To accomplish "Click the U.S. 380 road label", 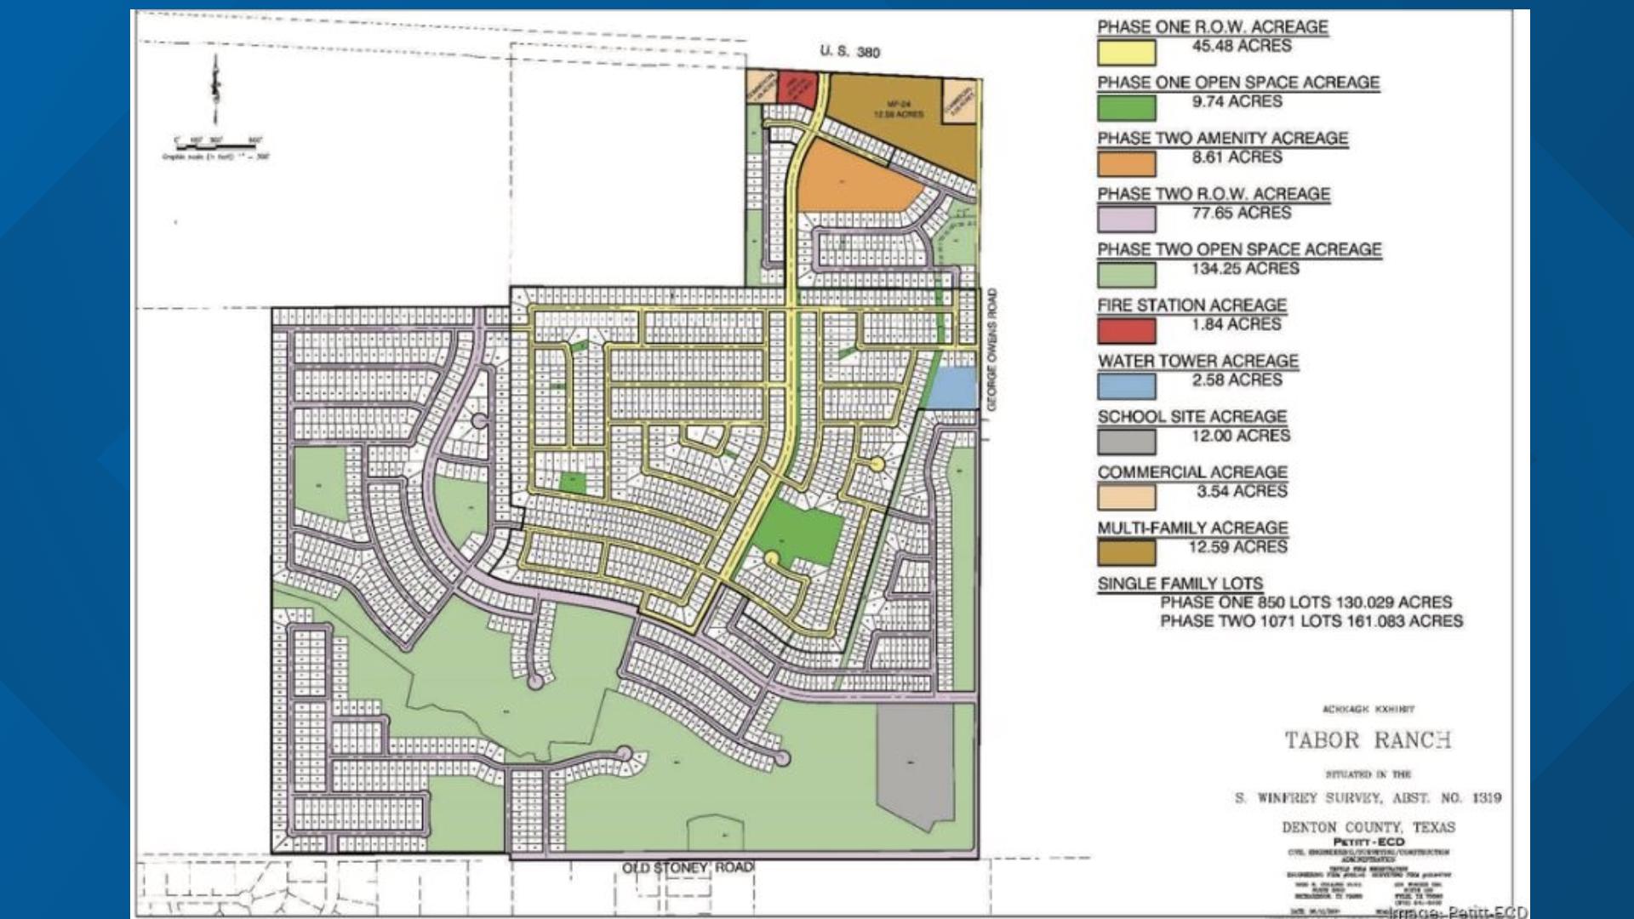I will point(849,51).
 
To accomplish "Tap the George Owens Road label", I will point(991,350).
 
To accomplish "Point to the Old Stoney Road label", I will point(688,867).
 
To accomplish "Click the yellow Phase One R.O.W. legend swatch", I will point(1126,53).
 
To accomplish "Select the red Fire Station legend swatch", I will point(1126,330).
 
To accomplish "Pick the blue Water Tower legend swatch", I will point(1126,386).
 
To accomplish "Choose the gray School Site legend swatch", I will point(1126,442).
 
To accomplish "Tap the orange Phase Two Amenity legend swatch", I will point(1126,163).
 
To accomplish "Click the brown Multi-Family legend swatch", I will point(1126,553).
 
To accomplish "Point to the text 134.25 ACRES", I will point(1245,269).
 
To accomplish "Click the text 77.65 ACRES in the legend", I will point(1241,213).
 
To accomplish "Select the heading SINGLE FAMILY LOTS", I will point(1180,584).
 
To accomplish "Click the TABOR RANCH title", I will point(1368,740).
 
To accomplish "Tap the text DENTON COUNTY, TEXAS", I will point(1368,827).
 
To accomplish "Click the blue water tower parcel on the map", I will point(951,387).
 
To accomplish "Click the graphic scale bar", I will point(217,146).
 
